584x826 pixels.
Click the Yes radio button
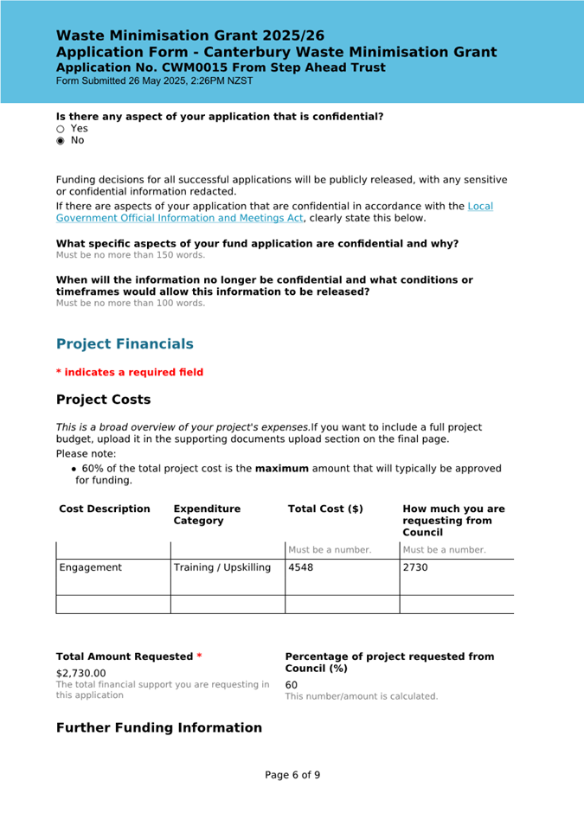(61, 129)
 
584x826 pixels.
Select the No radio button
(61, 140)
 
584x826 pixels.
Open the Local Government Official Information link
(480, 206)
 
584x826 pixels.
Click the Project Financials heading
(125, 343)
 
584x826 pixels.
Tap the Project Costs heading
(103, 400)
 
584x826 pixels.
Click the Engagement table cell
(91, 568)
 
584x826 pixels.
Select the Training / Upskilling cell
(222, 568)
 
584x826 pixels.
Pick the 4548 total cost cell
(301, 568)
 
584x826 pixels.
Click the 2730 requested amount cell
(416, 568)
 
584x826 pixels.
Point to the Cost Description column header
(105, 509)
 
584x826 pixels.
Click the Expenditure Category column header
(207, 515)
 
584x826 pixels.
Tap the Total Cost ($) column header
(325, 509)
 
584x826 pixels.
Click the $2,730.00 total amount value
(81, 673)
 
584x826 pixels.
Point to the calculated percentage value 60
(292, 685)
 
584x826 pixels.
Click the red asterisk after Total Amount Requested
(199, 656)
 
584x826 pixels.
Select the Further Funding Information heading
(158, 727)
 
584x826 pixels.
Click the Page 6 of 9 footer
(292, 775)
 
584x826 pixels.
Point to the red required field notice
(130, 372)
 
